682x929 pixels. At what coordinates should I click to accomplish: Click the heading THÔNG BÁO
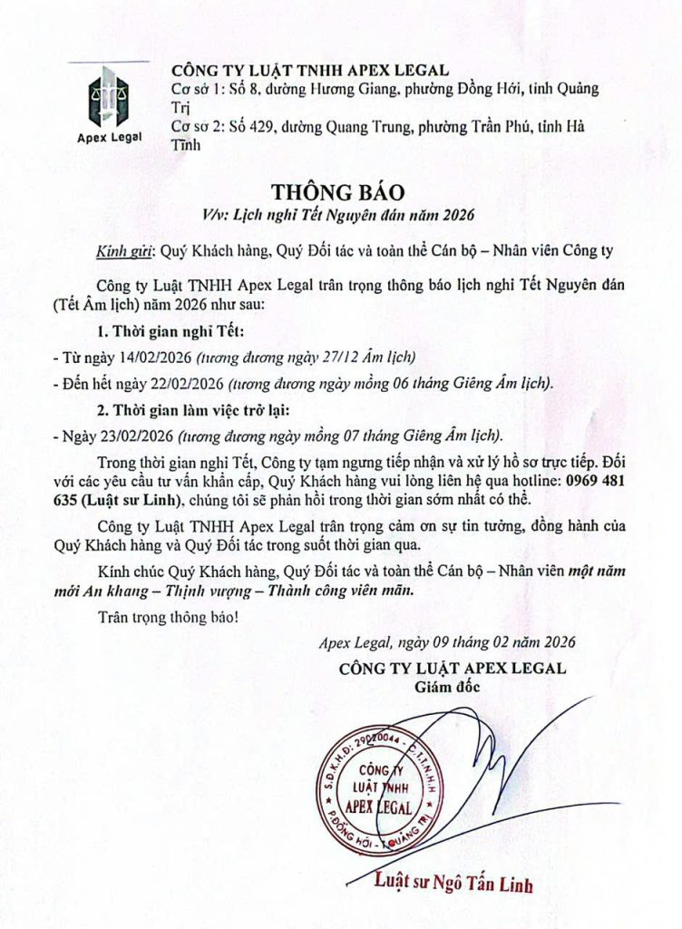click(342, 193)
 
